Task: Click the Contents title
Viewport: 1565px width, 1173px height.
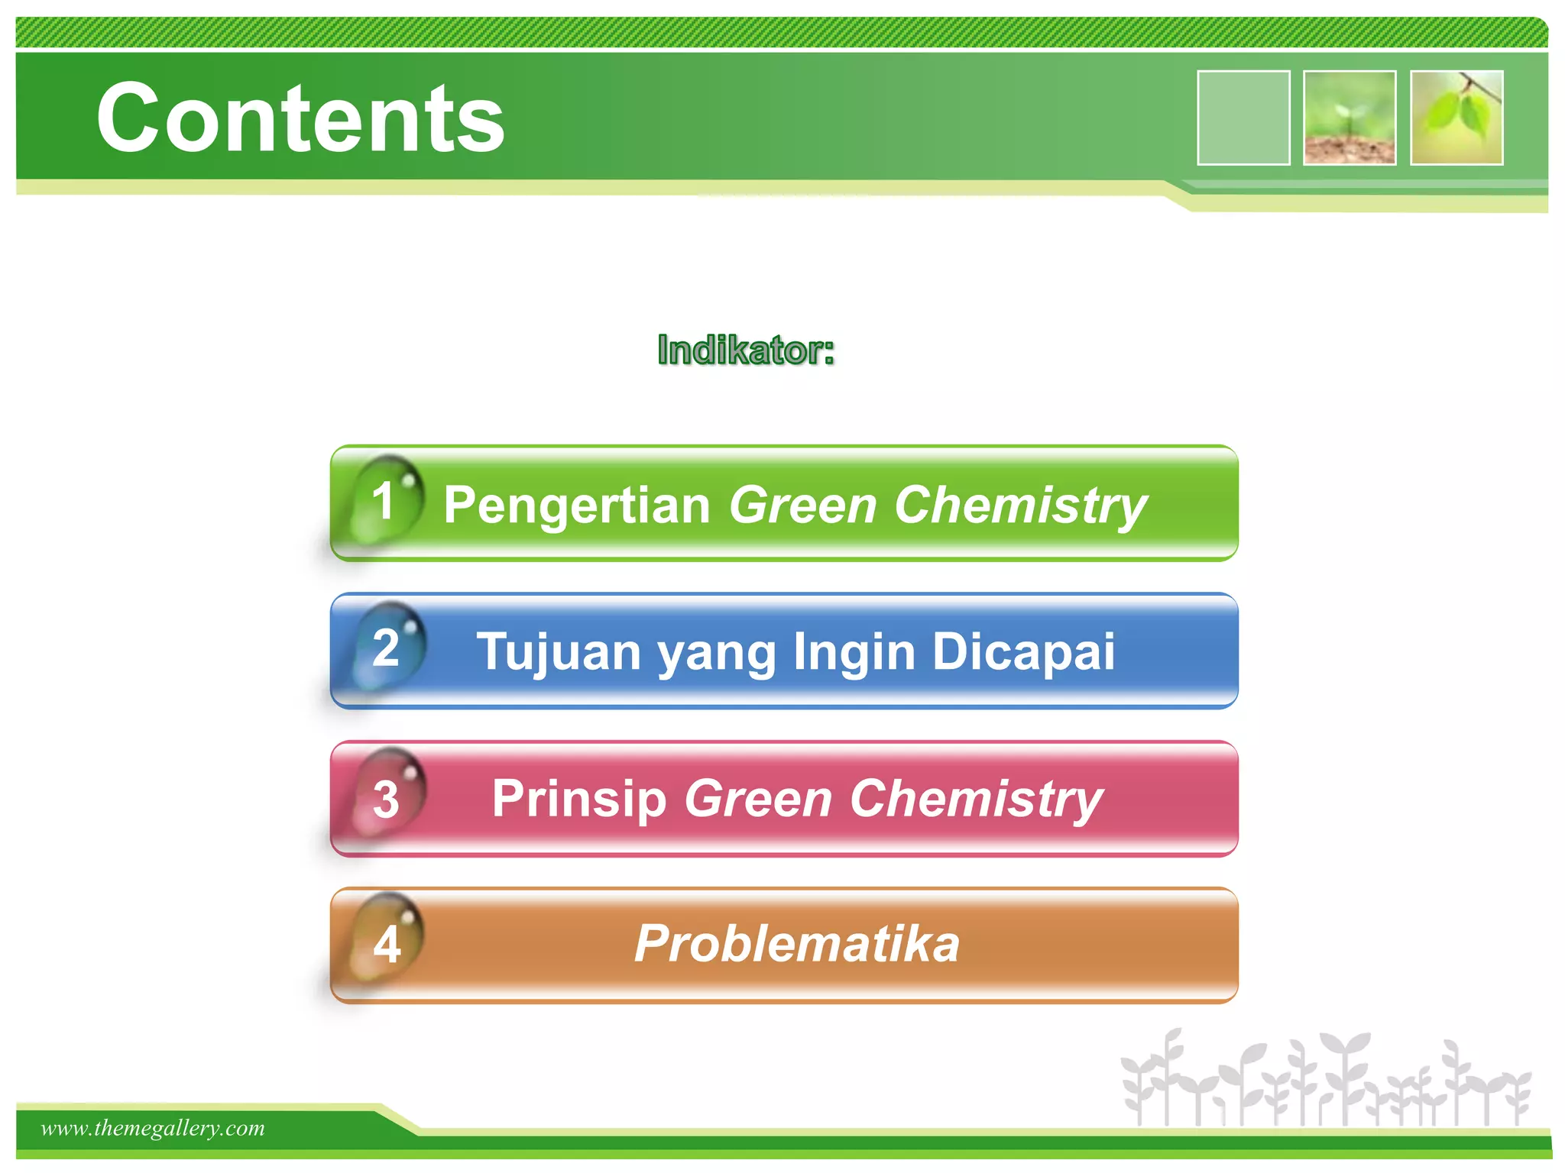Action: tap(300, 118)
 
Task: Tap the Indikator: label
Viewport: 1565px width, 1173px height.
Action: tap(745, 351)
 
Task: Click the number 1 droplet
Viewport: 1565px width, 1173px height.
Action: tap(387, 500)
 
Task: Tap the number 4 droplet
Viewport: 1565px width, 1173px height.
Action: tap(387, 944)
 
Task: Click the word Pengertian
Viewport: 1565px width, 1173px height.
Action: tap(577, 506)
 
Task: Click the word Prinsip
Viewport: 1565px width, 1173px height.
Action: tap(579, 799)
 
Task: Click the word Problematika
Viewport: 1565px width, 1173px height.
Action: tap(796, 944)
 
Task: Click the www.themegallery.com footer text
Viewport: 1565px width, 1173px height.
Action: tap(153, 1128)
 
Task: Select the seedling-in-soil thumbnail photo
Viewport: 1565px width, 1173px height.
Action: tap(1350, 118)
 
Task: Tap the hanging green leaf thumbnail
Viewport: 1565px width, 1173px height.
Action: tap(1456, 118)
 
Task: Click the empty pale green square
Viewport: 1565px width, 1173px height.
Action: tap(1243, 118)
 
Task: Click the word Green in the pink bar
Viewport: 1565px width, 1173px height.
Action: tap(758, 799)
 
